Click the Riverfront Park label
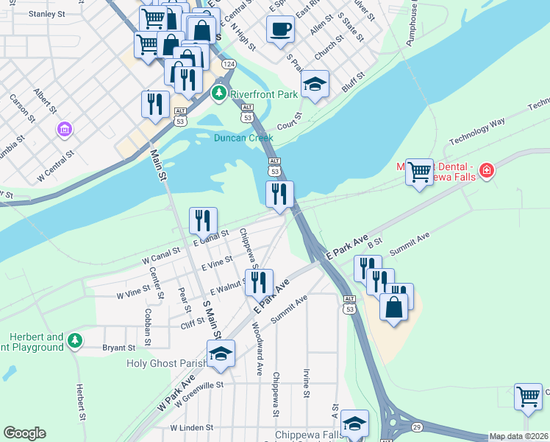point(264,94)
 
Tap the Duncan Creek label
point(243,138)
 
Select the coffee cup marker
point(279,30)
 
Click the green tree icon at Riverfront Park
point(219,94)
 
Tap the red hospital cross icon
point(485,172)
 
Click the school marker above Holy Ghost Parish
point(221,354)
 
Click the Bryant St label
point(119,347)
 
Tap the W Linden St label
point(191,427)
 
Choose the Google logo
point(24,433)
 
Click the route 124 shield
point(229,65)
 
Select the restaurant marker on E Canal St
point(203,220)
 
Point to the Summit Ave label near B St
point(410,245)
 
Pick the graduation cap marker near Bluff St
point(315,85)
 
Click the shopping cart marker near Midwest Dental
point(419,172)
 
